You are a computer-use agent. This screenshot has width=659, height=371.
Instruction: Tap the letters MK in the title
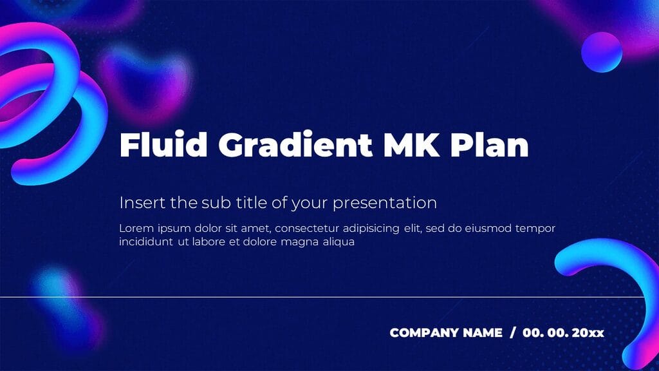[411, 145]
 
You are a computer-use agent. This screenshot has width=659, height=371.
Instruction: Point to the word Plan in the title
[490, 145]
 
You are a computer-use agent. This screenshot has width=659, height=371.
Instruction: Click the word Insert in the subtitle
[142, 203]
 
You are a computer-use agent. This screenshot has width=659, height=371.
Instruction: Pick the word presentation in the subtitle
[385, 204]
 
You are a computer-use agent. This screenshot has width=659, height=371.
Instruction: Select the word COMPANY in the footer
[424, 333]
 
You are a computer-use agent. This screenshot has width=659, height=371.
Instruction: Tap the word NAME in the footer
[482, 333]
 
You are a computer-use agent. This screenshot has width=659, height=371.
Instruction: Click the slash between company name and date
[512, 333]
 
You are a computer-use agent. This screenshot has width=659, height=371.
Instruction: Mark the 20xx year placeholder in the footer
[588, 333]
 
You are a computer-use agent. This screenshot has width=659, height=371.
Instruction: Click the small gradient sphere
[602, 52]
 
